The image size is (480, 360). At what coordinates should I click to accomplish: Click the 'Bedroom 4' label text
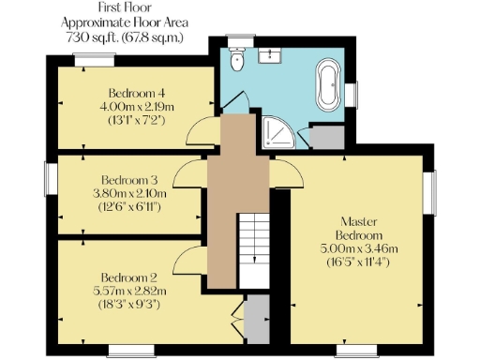tap(136, 93)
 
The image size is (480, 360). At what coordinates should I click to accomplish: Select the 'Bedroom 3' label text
tap(129, 179)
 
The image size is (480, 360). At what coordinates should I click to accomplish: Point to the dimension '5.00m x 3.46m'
tap(361, 248)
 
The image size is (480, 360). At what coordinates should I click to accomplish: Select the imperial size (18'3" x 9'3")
tap(129, 304)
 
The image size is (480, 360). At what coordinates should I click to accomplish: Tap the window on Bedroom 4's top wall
tap(96, 59)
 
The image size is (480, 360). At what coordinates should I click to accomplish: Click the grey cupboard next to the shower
tap(325, 138)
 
